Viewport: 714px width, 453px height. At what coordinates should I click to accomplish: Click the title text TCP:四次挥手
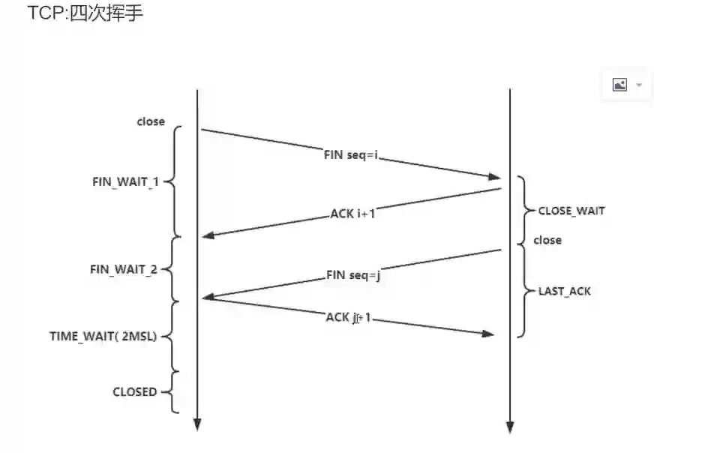coord(85,13)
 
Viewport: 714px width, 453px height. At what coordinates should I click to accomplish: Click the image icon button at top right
coord(619,85)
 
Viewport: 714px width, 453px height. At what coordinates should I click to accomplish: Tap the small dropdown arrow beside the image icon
coord(639,85)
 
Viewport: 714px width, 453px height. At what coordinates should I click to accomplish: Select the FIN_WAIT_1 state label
coord(124,182)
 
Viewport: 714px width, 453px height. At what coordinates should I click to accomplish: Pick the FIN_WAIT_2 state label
coord(124,269)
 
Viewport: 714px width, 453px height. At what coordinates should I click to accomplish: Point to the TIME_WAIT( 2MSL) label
coord(103,336)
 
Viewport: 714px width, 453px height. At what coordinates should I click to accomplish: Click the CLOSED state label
coord(135,391)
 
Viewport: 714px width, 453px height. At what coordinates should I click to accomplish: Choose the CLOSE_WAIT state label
coord(571,211)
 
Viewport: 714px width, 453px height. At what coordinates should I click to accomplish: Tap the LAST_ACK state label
coord(565,290)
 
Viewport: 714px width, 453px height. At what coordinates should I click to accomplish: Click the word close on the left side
coord(151,121)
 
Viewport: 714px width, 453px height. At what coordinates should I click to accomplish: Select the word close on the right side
coord(547,240)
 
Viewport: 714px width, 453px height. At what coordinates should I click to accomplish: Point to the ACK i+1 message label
coord(352,213)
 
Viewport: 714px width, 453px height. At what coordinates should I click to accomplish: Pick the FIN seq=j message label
coord(354,274)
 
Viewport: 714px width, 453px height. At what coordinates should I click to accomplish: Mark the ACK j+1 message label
coord(349,317)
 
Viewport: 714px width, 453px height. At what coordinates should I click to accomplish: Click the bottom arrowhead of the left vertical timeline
coord(197,424)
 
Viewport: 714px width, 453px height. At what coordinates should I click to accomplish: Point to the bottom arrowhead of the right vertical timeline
coord(510,427)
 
